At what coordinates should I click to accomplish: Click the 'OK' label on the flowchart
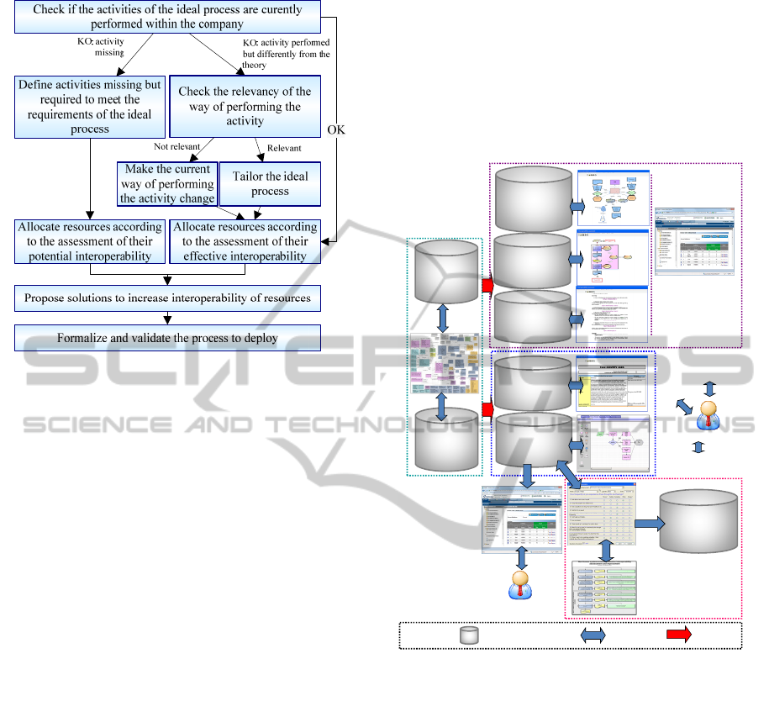pyautogui.click(x=336, y=130)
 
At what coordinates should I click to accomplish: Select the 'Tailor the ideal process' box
pyautogui.click(x=271, y=184)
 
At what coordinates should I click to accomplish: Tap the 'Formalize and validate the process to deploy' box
pyautogui.click(x=168, y=338)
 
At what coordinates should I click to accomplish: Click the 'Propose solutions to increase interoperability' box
pyautogui.click(x=168, y=298)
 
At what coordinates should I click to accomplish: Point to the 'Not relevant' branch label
pyautogui.click(x=175, y=147)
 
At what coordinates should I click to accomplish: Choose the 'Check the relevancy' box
pyautogui.click(x=245, y=106)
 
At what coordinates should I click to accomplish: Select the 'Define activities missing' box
pyautogui.click(x=88, y=107)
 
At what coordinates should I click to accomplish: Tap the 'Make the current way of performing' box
pyautogui.click(x=167, y=184)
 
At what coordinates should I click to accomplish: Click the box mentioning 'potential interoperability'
pyautogui.click(x=90, y=241)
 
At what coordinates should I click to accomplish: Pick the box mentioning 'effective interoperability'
pyautogui.click(x=245, y=241)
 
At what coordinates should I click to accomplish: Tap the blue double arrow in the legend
pyautogui.click(x=593, y=636)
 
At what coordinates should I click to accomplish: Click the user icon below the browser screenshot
pyautogui.click(x=522, y=582)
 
